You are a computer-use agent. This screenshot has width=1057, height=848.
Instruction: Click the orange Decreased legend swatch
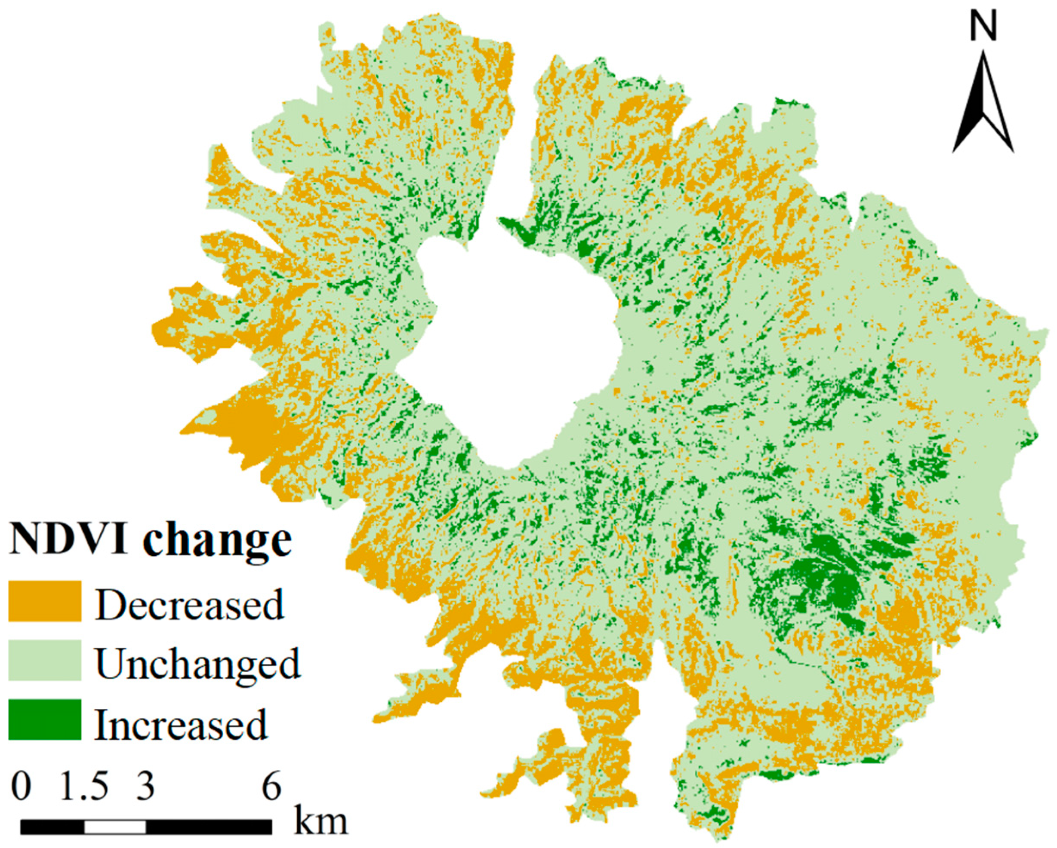(x=45, y=601)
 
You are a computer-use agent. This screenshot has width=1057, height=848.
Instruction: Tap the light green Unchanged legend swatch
(x=45, y=660)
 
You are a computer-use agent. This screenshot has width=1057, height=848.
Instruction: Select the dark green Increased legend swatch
(x=45, y=719)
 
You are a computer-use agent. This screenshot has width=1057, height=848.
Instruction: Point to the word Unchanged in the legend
(x=197, y=663)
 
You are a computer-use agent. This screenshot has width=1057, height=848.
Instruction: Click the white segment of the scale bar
(x=115, y=827)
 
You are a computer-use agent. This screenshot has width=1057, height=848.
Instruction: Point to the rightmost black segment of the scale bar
(x=209, y=827)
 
